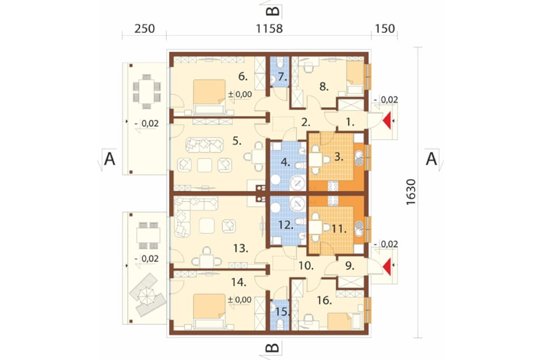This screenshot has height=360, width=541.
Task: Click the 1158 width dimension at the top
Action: click(269, 29)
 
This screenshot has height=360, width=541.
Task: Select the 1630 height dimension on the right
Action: click(411, 192)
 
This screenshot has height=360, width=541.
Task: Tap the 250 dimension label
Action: click(145, 29)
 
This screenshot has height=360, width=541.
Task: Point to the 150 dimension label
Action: click(385, 29)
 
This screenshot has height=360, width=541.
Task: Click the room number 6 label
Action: click(243, 76)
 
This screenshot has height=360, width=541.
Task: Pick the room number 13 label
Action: click(240, 248)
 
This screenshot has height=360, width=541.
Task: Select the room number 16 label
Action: click(324, 300)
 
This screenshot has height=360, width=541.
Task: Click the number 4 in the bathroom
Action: click(285, 162)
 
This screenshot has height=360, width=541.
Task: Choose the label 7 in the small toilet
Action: click(282, 77)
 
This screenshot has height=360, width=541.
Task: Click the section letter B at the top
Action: click(273, 11)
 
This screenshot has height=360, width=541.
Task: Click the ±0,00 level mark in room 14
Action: click(239, 300)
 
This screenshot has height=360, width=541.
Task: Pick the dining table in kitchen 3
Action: click(316, 159)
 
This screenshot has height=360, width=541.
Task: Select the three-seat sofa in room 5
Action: click(204, 145)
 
